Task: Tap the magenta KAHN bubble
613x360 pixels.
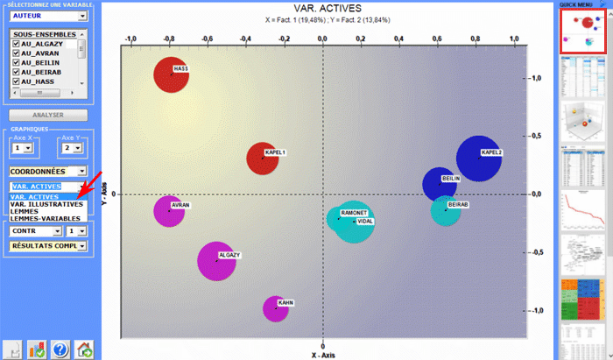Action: (x=275, y=308)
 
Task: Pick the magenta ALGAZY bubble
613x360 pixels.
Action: (x=216, y=261)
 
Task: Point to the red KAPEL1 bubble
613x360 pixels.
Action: (x=262, y=159)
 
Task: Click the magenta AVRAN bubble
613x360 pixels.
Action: (x=169, y=211)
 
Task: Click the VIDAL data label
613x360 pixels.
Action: (x=365, y=222)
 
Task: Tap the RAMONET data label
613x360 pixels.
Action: (x=353, y=213)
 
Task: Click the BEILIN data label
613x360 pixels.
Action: (x=451, y=178)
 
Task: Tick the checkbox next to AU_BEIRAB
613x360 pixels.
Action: (x=16, y=72)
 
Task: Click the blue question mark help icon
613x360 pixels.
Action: (x=60, y=349)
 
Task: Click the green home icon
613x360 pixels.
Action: (x=84, y=349)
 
